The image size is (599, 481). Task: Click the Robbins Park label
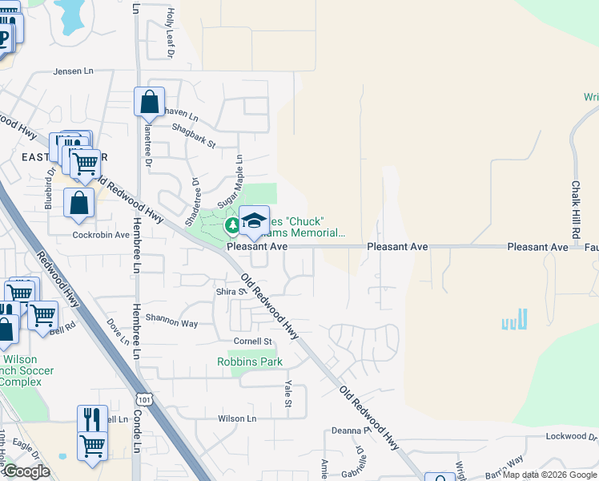pos(250,362)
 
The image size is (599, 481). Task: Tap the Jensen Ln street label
pos(74,71)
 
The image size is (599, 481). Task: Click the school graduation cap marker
pos(254,222)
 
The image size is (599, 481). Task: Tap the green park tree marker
pos(232,225)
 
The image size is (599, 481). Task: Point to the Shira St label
pos(231,291)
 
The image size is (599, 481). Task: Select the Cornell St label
pos(247,342)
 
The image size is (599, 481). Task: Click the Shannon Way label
pos(171,323)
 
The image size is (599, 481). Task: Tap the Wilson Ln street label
pos(237,418)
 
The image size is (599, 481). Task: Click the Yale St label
pos(287,392)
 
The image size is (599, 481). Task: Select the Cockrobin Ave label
pos(101,235)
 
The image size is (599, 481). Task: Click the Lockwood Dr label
pos(572,436)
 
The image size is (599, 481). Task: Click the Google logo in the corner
pos(26,471)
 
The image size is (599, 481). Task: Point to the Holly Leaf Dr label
pos(170,34)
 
